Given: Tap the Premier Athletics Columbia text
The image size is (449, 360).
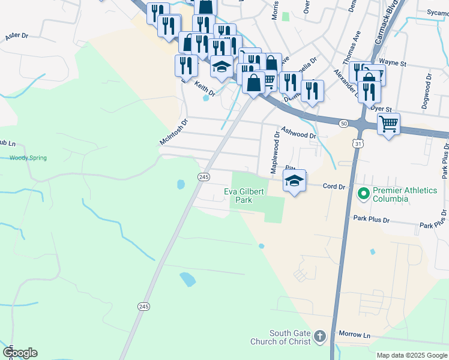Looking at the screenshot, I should (405, 194).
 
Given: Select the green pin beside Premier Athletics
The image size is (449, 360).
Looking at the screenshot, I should (363, 194).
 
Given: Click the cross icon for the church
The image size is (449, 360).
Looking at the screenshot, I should (319, 337).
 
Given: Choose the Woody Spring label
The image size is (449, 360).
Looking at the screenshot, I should (28, 158).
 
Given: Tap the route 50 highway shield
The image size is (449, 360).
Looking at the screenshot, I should (343, 123).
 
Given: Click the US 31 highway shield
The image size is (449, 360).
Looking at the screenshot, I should (357, 144).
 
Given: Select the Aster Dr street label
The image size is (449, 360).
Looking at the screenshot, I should (17, 37).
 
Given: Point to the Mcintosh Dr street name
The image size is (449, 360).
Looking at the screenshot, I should (173, 131).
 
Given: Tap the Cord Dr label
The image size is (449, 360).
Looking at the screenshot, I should (334, 187).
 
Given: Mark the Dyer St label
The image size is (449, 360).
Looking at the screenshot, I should (381, 109).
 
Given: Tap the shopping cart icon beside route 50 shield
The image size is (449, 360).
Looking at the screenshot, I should (389, 124).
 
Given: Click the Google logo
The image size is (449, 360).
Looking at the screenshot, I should (20, 353).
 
